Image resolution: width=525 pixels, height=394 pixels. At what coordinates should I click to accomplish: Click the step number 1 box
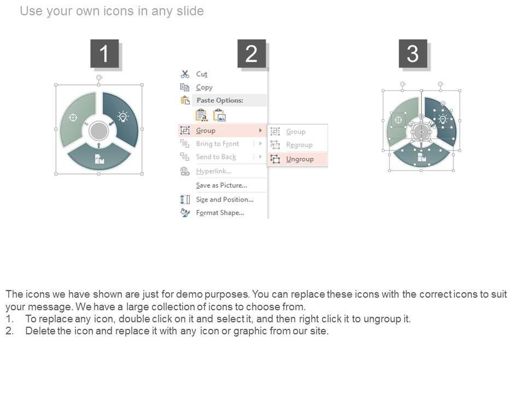[104, 53]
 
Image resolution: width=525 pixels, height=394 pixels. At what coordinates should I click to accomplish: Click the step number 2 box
[252, 53]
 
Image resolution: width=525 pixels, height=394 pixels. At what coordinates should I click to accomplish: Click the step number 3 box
[412, 53]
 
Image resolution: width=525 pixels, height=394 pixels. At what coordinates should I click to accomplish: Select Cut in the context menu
[202, 74]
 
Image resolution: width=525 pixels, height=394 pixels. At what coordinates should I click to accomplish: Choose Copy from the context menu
[204, 88]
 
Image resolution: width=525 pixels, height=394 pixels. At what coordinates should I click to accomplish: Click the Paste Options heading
[220, 100]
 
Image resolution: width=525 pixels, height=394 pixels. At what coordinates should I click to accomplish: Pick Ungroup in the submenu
[300, 159]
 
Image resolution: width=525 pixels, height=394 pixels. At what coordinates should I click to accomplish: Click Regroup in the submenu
[299, 145]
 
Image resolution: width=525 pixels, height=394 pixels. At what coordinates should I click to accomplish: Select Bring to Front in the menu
[218, 144]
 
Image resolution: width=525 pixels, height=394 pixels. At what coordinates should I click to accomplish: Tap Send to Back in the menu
[216, 157]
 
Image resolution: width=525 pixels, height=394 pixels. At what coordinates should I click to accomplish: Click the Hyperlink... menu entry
[214, 171]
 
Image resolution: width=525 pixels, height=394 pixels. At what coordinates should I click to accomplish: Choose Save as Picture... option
[221, 186]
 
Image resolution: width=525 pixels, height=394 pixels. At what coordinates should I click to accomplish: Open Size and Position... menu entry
[225, 199]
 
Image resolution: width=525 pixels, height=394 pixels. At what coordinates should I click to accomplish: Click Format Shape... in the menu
[220, 213]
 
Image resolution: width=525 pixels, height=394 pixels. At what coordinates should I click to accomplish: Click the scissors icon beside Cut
[185, 74]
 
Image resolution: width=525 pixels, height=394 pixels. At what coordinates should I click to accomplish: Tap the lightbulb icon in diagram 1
[123, 117]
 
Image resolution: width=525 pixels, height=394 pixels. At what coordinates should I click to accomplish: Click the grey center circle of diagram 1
[99, 131]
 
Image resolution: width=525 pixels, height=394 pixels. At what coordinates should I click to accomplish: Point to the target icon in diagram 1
[73, 118]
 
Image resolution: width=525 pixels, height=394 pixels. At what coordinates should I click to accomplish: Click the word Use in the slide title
[31, 11]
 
